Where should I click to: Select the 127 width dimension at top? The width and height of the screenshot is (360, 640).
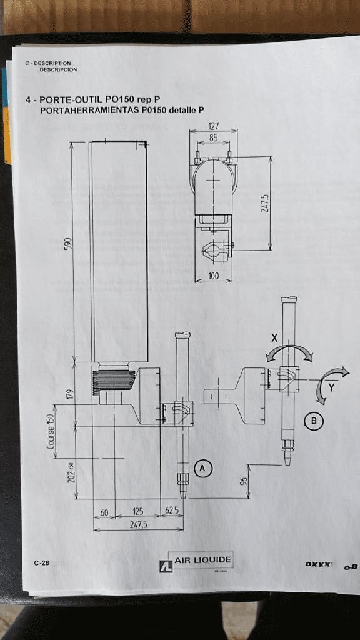(x=213, y=127)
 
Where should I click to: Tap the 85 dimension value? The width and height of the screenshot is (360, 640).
(x=213, y=138)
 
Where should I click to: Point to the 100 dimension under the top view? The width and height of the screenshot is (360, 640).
(x=213, y=276)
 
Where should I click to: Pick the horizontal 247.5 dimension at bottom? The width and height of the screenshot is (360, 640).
(x=138, y=525)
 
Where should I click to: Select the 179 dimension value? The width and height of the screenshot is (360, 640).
(x=70, y=394)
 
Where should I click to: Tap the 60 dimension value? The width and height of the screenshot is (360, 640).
(x=104, y=512)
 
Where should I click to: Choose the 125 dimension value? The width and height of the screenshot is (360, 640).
(x=138, y=512)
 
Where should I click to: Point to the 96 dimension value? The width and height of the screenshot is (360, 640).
(x=244, y=482)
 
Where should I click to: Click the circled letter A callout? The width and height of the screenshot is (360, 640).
(x=202, y=467)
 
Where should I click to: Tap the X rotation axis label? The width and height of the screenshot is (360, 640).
(x=274, y=338)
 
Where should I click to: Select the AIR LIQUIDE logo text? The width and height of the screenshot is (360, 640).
(x=202, y=560)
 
